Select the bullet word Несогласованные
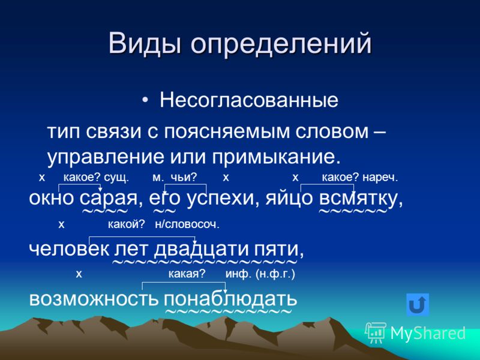coord(249,100)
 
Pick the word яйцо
coord(289,199)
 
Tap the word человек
coord(69,250)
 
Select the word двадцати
coord(201,250)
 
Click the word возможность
coord(94,298)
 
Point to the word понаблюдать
coord(230,299)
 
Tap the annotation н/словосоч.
coord(187,224)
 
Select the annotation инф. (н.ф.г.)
coord(260,274)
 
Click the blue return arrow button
coord(418,305)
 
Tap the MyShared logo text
coord(428,333)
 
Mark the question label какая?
coord(187,274)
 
